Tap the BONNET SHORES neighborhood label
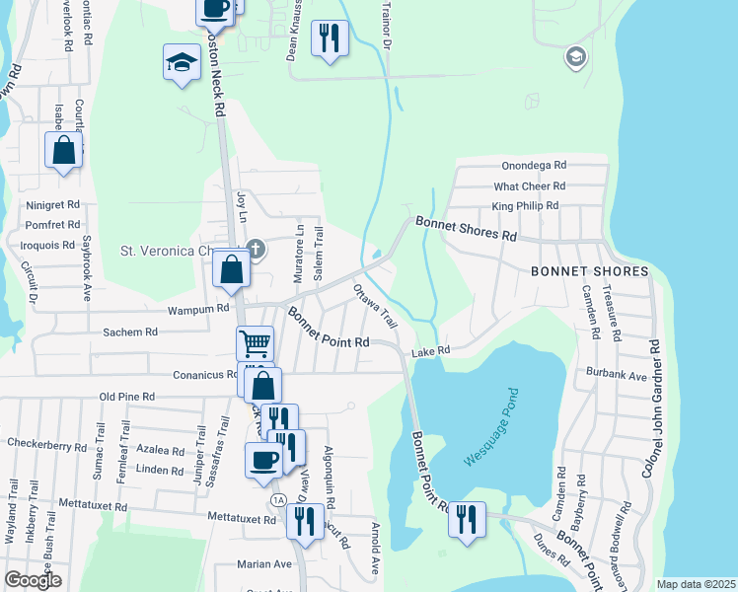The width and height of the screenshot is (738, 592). [x=589, y=271]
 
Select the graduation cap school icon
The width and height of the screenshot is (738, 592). [x=182, y=63]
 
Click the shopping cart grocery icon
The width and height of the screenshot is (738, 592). [x=255, y=344]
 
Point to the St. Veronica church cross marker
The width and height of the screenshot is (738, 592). [x=256, y=248]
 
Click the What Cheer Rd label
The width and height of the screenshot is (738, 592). [x=530, y=185]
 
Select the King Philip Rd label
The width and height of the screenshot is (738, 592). [x=525, y=206]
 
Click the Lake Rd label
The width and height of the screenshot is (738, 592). [x=430, y=350]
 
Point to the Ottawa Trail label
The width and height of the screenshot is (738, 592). [x=375, y=307]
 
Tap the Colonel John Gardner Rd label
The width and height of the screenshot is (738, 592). [x=651, y=409]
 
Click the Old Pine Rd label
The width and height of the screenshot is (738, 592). [x=127, y=396]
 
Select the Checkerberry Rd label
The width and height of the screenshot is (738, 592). [x=47, y=445]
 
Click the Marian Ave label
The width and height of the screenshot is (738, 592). [x=264, y=564]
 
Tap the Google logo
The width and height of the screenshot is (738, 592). [x=33, y=580]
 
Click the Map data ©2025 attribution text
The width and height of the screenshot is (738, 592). [x=695, y=584]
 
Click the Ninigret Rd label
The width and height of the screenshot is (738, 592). [x=52, y=205]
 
